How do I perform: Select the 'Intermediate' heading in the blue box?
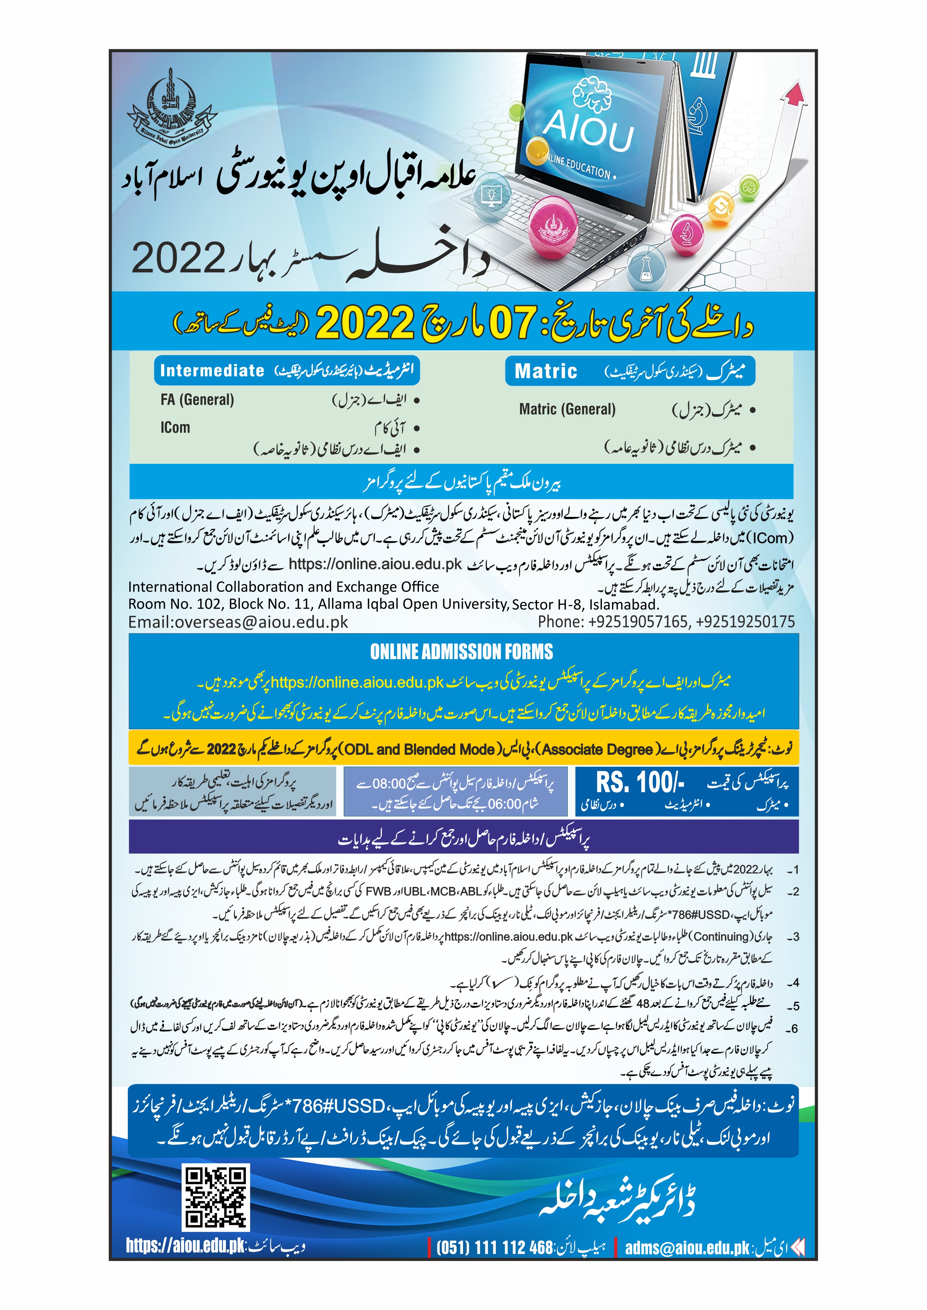coord(212,370)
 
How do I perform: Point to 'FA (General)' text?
coord(197,400)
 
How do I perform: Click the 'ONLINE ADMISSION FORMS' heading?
coord(461,652)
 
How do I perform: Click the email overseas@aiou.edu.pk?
coord(238,622)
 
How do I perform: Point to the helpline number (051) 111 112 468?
coord(494,1248)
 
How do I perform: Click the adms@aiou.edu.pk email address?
coord(687,1248)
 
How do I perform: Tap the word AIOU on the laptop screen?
coord(588,131)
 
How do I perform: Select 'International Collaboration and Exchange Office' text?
coord(283,587)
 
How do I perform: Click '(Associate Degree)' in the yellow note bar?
coord(596,749)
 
